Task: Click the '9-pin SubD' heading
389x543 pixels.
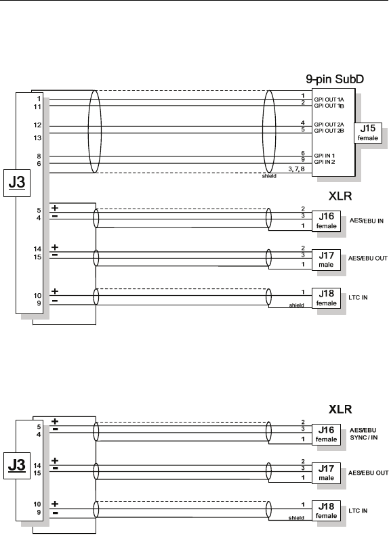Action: (x=335, y=79)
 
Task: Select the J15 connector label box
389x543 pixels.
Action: (x=367, y=133)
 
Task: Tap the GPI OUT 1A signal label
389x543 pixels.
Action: (x=329, y=100)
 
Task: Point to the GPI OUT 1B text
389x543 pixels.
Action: (x=329, y=106)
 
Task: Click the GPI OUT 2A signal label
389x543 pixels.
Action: (x=329, y=125)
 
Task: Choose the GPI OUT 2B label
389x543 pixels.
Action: (x=329, y=131)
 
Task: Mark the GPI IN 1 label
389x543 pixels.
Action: (x=324, y=156)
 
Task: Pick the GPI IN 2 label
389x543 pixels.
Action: (x=324, y=162)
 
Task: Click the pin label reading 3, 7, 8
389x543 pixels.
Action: (x=296, y=169)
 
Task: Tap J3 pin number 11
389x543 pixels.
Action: (x=37, y=107)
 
